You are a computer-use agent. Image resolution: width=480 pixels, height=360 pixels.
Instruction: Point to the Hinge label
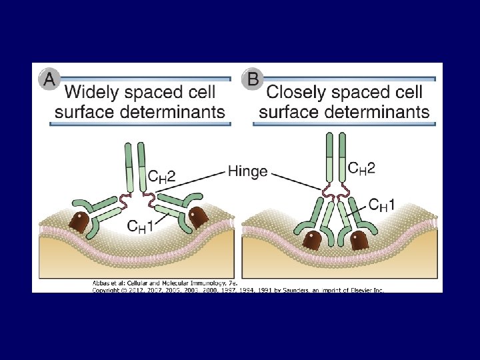coord(247,171)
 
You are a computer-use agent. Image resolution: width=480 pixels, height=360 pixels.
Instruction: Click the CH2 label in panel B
coord(361,168)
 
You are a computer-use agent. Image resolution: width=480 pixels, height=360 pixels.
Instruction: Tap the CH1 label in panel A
coord(143,226)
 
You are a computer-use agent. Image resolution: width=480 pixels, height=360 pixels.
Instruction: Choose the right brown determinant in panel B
coord(359,239)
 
